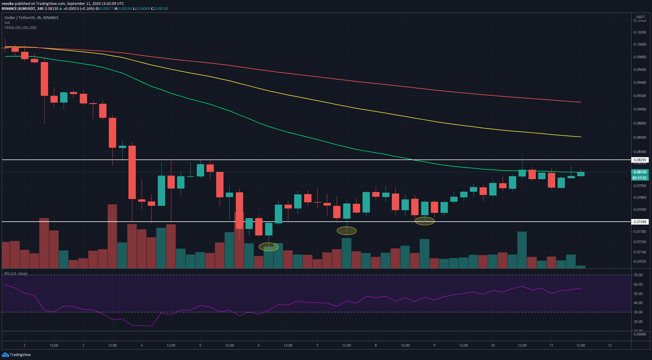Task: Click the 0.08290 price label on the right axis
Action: tap(640, 160)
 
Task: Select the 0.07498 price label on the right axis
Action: tap(640, 222)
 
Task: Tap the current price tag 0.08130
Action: tap(640, 172)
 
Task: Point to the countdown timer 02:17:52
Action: tap(639, 178)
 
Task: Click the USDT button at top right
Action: tap(640, 17)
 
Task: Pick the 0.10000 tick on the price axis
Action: tap(640, 45)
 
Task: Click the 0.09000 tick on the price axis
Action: tap(640, 109)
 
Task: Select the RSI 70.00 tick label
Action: tap(638, 275)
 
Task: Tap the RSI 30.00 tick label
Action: tap(638, 312)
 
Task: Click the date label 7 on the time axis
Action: tap(317, 345)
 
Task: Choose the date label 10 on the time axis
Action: tap(493, 345)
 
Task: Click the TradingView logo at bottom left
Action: tap(17, 354)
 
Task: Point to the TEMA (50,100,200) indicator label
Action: tap(20, 28)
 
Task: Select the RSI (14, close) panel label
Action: tap(16, 273)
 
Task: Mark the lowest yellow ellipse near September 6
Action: tap(269, 247)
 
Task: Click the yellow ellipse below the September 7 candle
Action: tap(346, 231)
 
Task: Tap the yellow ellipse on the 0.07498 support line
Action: tap(424, 221)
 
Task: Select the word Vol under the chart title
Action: tap(7, 22)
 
